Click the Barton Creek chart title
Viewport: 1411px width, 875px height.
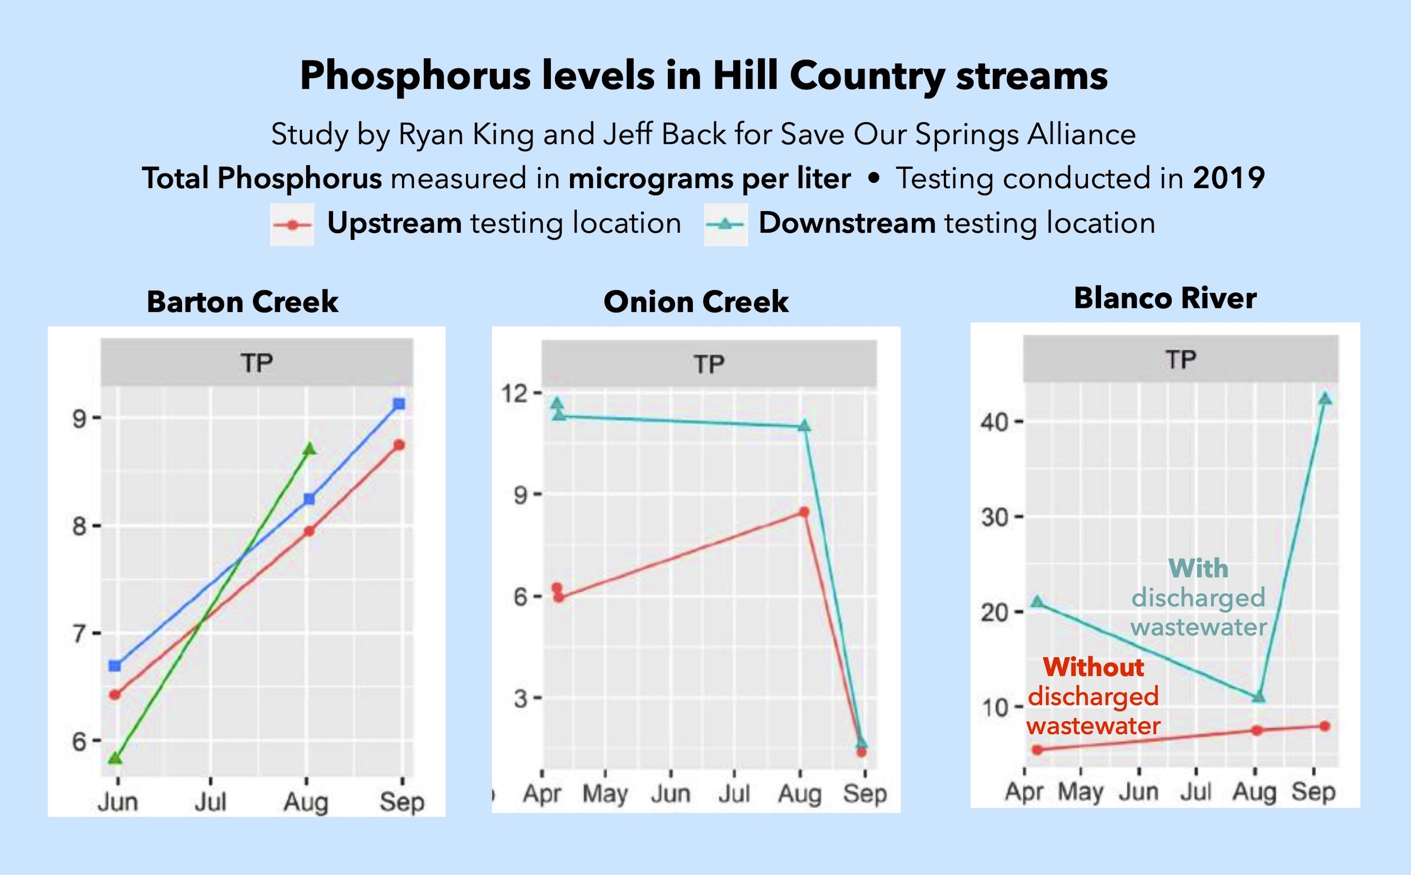pyautogui.click(x=243, y=301)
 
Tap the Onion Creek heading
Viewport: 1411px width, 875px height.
pyautogui.click(x=696, y=301)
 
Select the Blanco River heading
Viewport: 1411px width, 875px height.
pyautogui.click(x=1165, y=298)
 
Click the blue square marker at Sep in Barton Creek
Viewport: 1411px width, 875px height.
pyautogui.click(x=399, y=404)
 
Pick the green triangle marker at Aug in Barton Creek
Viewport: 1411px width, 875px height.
pyautogui.click(x=309, y=449)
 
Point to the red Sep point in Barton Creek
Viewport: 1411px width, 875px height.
pyautogui.click(x=399, y=445)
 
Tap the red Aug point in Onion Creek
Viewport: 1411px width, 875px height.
pyautogui.click(x=804, y=512)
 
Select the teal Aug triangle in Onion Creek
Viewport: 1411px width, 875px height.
pyautogui.click(x=804, y=426)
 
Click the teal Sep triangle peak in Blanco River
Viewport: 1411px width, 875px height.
pyautogui.click(x=1325, y=399)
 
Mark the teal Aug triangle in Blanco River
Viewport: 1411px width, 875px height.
pyautogui.click(x=1258, y=697)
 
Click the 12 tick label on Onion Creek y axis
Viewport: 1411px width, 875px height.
pyautogui.click(x=515, y=394)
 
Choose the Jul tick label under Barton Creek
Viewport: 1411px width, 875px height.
pyautogui.click(x=210, y=802)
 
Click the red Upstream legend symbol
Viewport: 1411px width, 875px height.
pyautogui.click(x=292, y=225)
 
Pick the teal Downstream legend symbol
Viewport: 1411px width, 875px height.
pyautogui.click(x=725, y=225)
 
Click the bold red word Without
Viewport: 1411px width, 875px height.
pyautogui.click(x=1093, y=667)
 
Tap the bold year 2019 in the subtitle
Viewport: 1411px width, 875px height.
pyautogui.click(x=1229, y=178)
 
